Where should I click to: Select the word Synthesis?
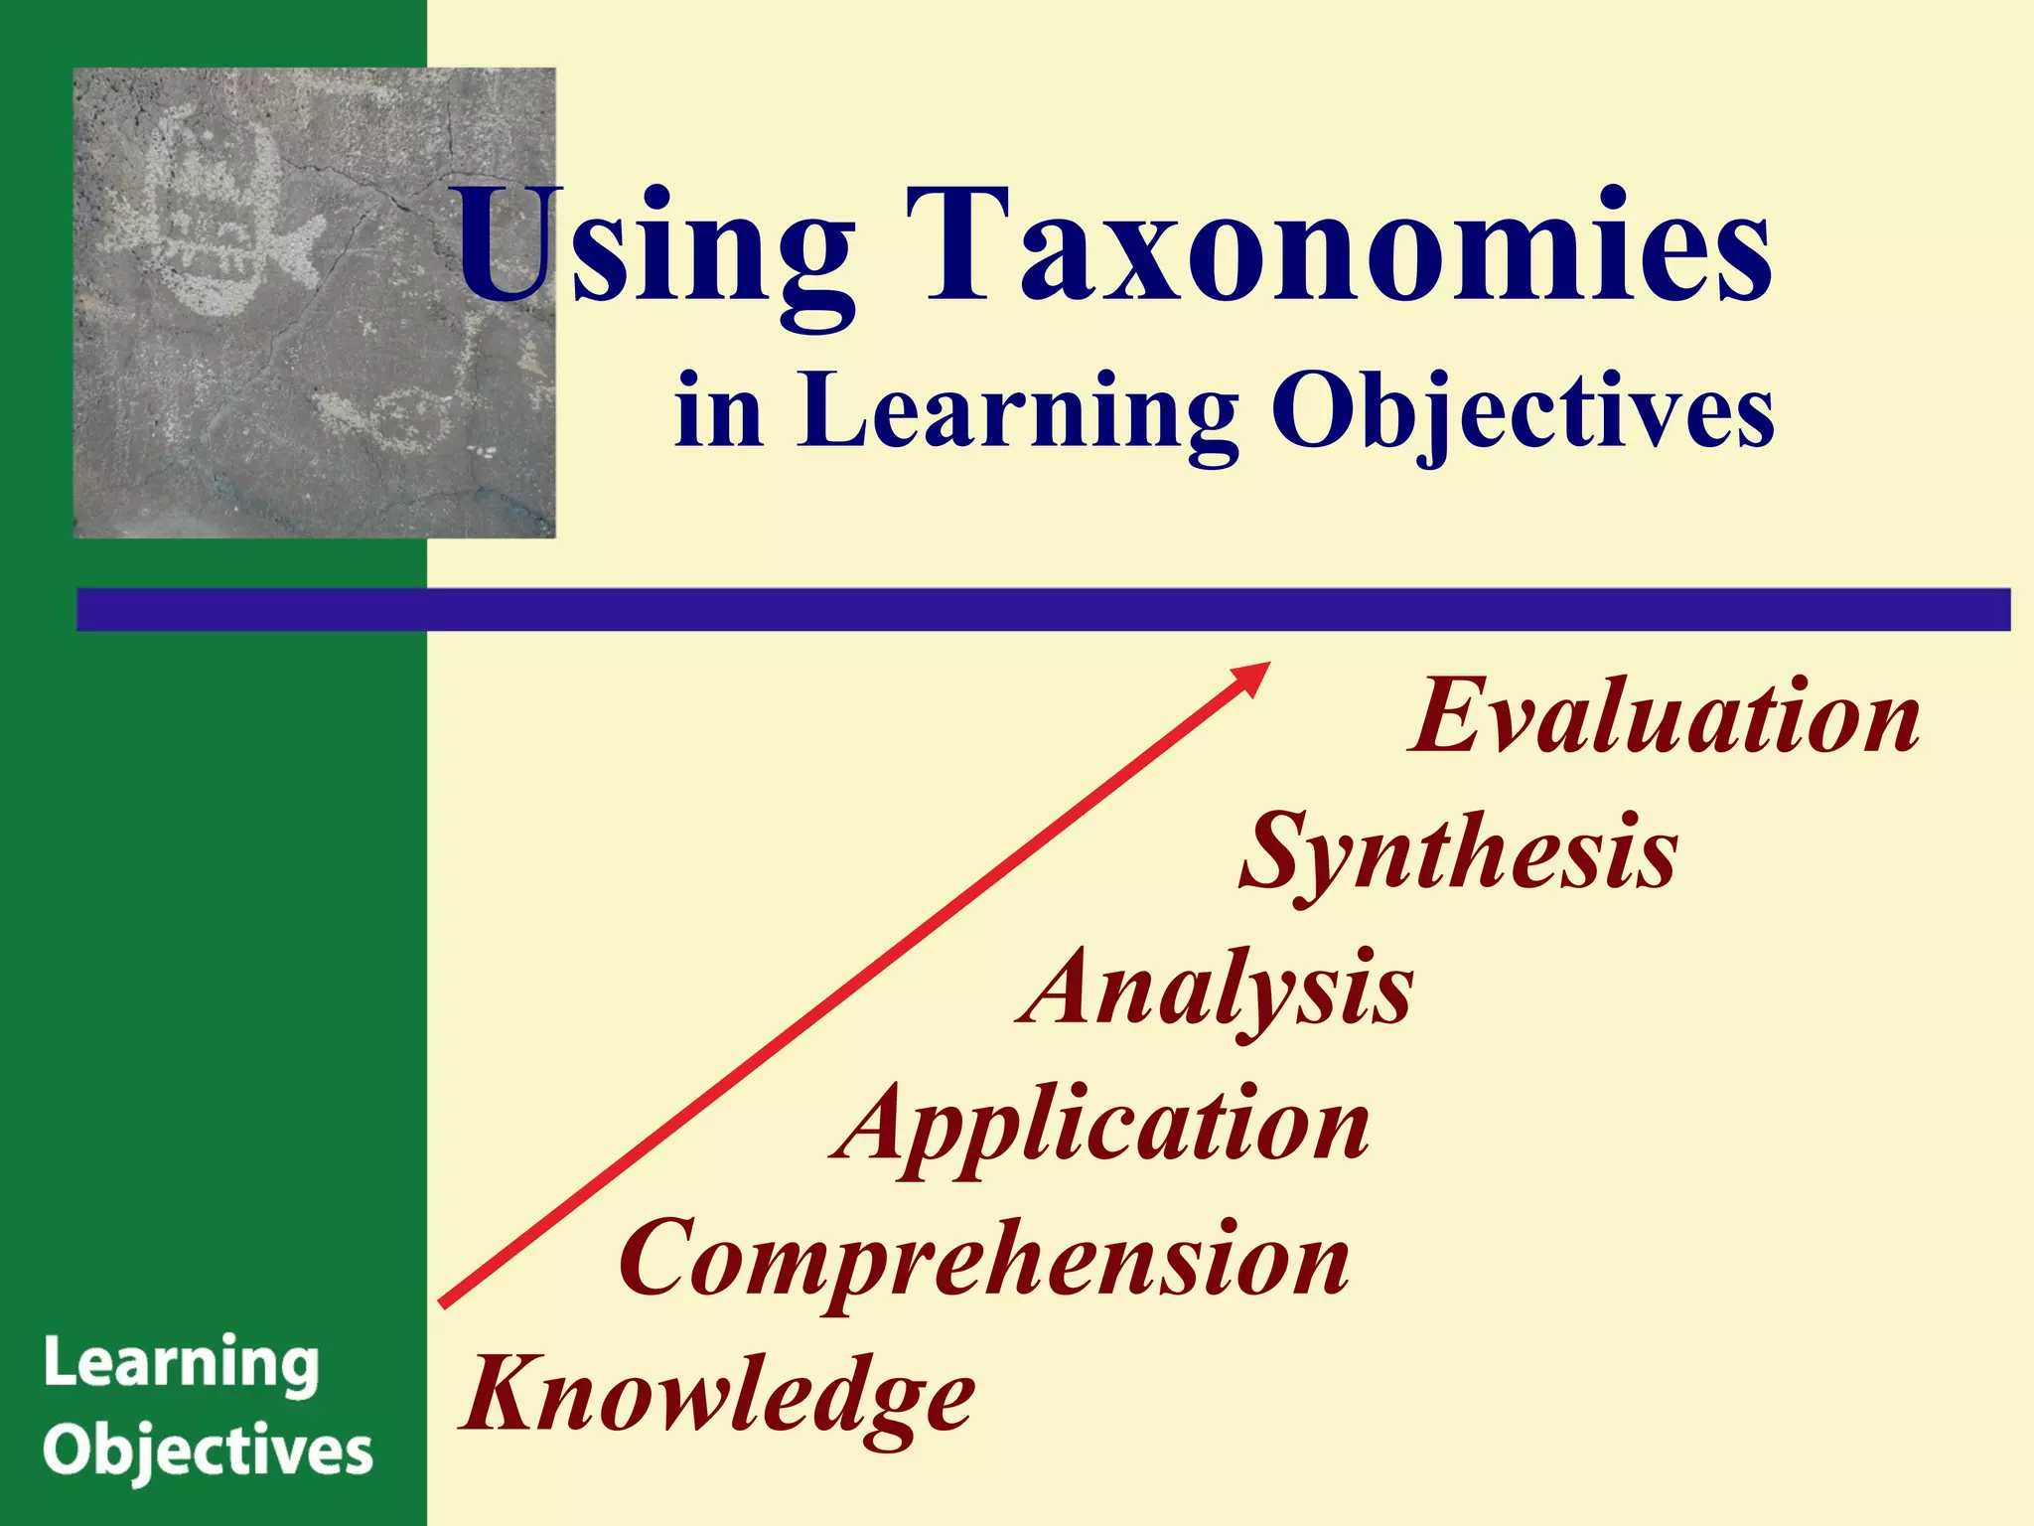pos(1458,853)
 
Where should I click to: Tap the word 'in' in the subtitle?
pos(718,412)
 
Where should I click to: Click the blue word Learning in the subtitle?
pos(1017,412)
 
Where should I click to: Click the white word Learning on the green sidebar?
pos(181,1365)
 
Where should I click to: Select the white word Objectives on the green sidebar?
pos(208,1452)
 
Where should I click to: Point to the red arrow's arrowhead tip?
pos(1266,665)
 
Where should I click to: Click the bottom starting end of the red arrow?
pos(443,1303)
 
